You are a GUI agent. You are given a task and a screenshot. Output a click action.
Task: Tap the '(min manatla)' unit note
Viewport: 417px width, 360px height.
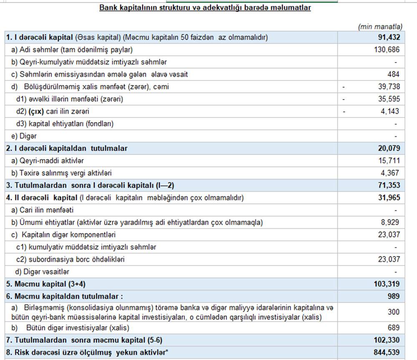[x=380, y=27]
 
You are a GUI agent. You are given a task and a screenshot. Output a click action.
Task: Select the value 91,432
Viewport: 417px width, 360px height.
[x=389, y=37]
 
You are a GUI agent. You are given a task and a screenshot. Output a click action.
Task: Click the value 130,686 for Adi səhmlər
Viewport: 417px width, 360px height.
[x=387, y=50]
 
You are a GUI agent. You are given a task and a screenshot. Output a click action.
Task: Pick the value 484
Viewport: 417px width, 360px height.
[x=393, y=74]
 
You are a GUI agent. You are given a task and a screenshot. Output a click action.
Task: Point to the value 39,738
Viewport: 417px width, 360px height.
[x=389, y=87]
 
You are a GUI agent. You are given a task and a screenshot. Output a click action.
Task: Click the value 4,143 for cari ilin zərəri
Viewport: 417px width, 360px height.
[x=390, y=111]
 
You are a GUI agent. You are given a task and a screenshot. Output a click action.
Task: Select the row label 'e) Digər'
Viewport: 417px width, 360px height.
[x=24, y=136]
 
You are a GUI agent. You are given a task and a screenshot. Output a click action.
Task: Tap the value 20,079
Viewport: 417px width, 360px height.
[x=389, y=148]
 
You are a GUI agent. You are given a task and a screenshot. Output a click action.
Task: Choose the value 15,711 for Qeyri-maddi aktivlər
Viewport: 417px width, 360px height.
[x=389, y=160]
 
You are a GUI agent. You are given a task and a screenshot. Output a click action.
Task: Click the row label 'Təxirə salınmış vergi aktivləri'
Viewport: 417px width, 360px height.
[x=65, y=173]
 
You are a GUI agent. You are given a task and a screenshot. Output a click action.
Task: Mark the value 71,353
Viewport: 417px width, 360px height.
[x=389, y=185]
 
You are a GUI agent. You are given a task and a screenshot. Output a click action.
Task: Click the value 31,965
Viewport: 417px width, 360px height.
[x=389, y=197]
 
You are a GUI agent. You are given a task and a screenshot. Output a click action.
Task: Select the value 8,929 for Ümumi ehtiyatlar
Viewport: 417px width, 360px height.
[x=390, y=222]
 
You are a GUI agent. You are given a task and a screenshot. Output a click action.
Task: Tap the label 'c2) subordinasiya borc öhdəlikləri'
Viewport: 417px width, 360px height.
[x=70, y=259]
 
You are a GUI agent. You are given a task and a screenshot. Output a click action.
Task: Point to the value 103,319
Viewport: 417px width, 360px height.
[x=387, y=284]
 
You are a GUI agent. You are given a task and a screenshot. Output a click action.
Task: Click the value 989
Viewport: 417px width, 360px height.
[x=393, y=296]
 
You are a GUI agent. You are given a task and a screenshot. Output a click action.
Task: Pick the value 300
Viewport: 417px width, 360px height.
[x=394, y=312]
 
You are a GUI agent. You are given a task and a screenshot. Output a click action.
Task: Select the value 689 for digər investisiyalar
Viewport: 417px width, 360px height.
[x=394, y=327]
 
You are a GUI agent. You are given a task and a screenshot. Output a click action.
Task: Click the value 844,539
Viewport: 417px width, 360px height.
[x=387, y=352]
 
